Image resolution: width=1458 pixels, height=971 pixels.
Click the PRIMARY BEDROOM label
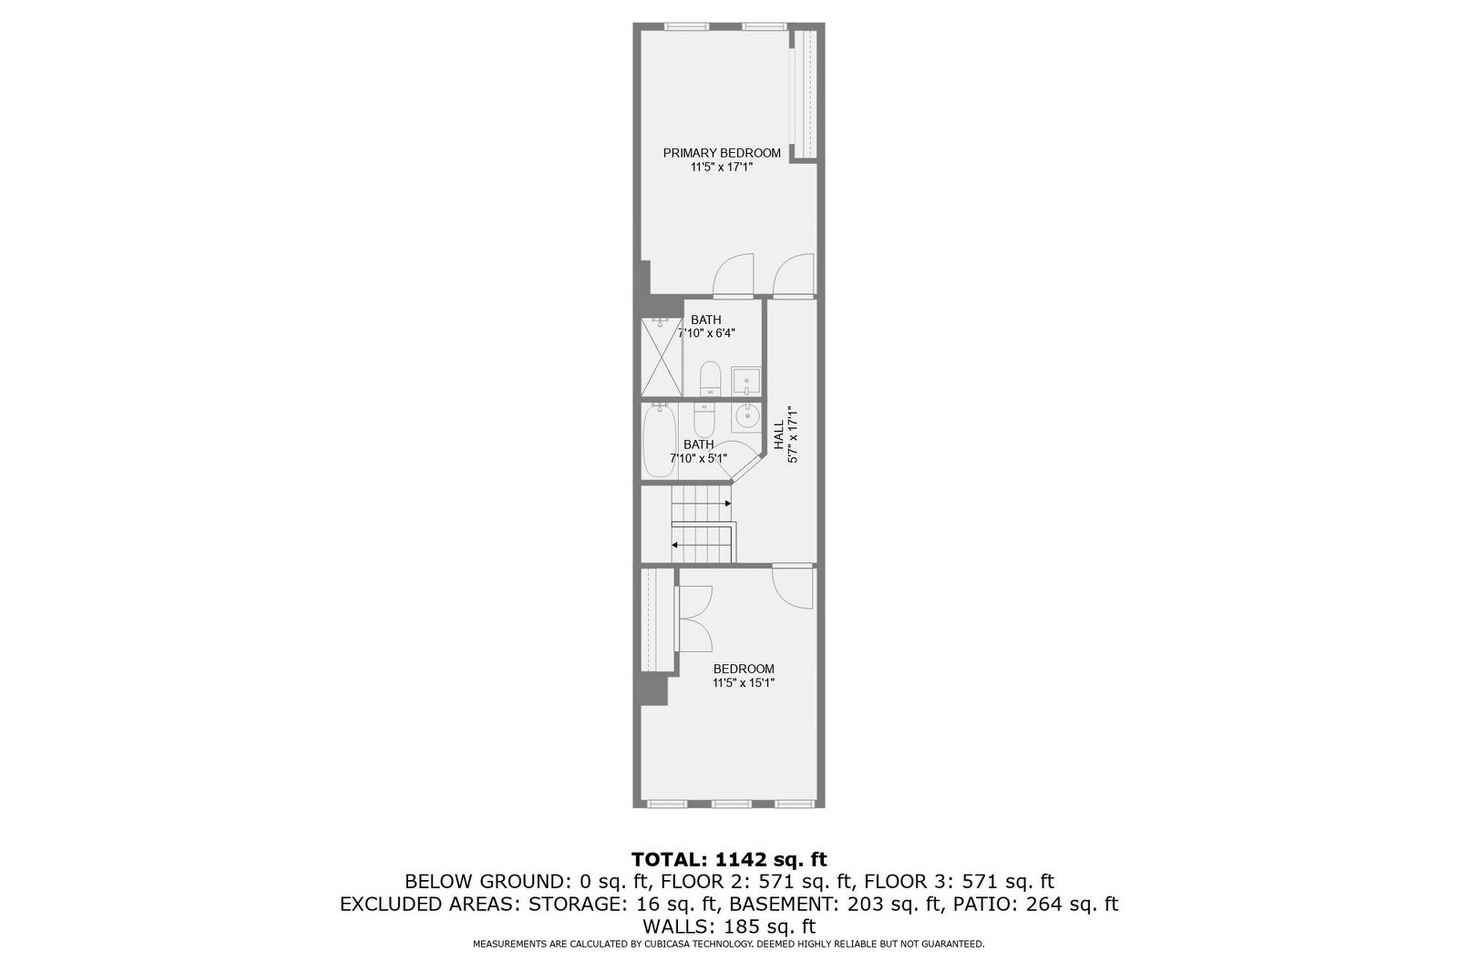[x=721, y=153]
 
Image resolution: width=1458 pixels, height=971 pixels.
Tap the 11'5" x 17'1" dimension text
[x=721, y=167]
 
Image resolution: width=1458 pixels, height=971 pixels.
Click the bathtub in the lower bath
[x=658, y=440]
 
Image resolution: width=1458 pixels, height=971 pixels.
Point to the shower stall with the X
[x=661, y=357]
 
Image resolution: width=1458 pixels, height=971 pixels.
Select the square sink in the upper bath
[x=746, y=381]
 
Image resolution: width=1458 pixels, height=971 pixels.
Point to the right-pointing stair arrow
[x=728, y=504]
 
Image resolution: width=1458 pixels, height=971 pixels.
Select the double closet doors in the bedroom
[x=694, y=618]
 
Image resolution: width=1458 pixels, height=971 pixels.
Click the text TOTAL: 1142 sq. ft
[x=729, y=859]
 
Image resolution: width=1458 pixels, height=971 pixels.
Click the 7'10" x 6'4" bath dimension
[x=707, y=333]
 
